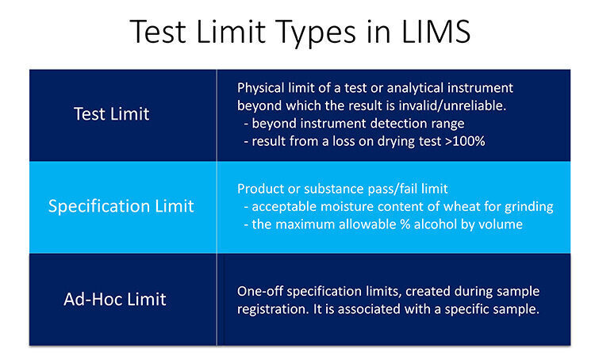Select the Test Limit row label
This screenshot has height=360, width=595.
click(111, 113)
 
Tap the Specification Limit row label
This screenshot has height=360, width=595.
click(121, 206)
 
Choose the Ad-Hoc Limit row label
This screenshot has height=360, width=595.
click(116, 299)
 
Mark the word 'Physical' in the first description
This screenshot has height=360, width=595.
click(263, 86)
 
